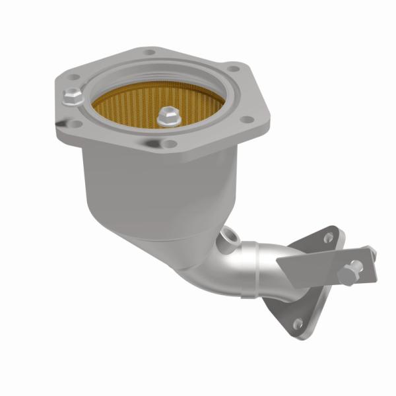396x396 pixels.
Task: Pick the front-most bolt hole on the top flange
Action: click(x=169, y=144)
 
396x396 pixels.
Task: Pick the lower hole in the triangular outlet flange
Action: click(x=298, y=323)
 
